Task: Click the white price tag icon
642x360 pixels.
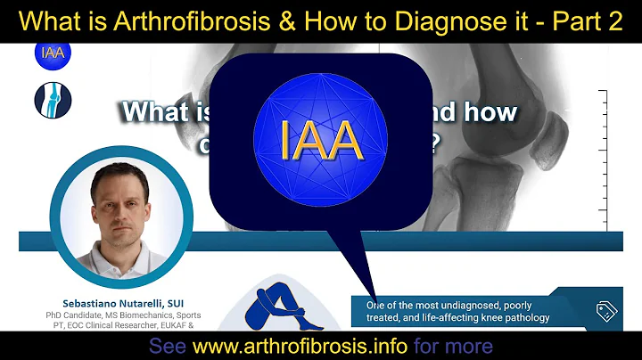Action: click(607, 311)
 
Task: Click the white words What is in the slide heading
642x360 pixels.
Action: click(160, 112)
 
